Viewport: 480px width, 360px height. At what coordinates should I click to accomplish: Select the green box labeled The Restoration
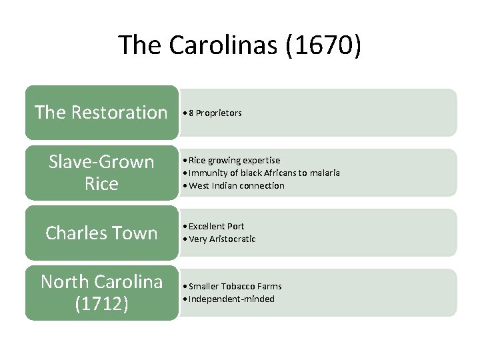click(x=101, y=113)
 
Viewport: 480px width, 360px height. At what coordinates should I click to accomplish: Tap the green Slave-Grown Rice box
click(x=101, y=173)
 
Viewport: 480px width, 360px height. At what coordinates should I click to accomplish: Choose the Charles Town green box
click(x=101, y=233)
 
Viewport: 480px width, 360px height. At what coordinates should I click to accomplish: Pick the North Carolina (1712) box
click(x=101, y=293)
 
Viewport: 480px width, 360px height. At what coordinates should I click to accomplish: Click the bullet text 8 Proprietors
click(x=215, y=113)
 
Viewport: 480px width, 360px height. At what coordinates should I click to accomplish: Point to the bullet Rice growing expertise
click(x=234, y=161)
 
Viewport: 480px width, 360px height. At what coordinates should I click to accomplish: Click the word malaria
click(x=324, y=173)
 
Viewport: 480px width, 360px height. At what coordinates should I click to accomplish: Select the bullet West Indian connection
click(x=236, y=186)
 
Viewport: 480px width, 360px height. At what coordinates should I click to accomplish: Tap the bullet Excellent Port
click(x=216, y=227)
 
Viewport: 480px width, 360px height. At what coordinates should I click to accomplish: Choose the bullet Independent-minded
click(x=231, y=299)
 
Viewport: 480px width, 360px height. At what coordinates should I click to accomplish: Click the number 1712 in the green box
click(x=101, y=304)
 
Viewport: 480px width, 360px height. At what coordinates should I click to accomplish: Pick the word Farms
click(x=269, y=287)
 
